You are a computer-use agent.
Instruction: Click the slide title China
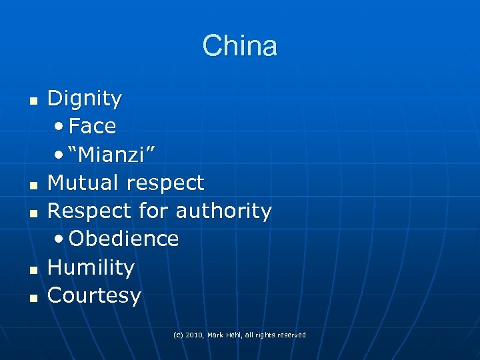point(240,46)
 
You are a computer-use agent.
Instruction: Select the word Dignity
point(85,99)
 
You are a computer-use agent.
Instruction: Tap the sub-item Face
point(92,125)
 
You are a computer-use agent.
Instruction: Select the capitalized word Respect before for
point(90,211)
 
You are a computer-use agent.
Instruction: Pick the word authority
point(223,211)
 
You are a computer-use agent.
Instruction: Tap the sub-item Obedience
point(123,239)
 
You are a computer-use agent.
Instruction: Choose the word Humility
point(91,267)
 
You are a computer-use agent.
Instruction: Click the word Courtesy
point(95,295)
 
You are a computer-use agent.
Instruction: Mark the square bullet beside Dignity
point(31,101)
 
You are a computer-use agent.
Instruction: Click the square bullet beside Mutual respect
point(31,184)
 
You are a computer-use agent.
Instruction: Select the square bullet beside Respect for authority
point(31,213)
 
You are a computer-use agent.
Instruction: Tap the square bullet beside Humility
point(31,269)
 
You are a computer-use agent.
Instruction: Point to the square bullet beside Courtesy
point(31,297)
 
